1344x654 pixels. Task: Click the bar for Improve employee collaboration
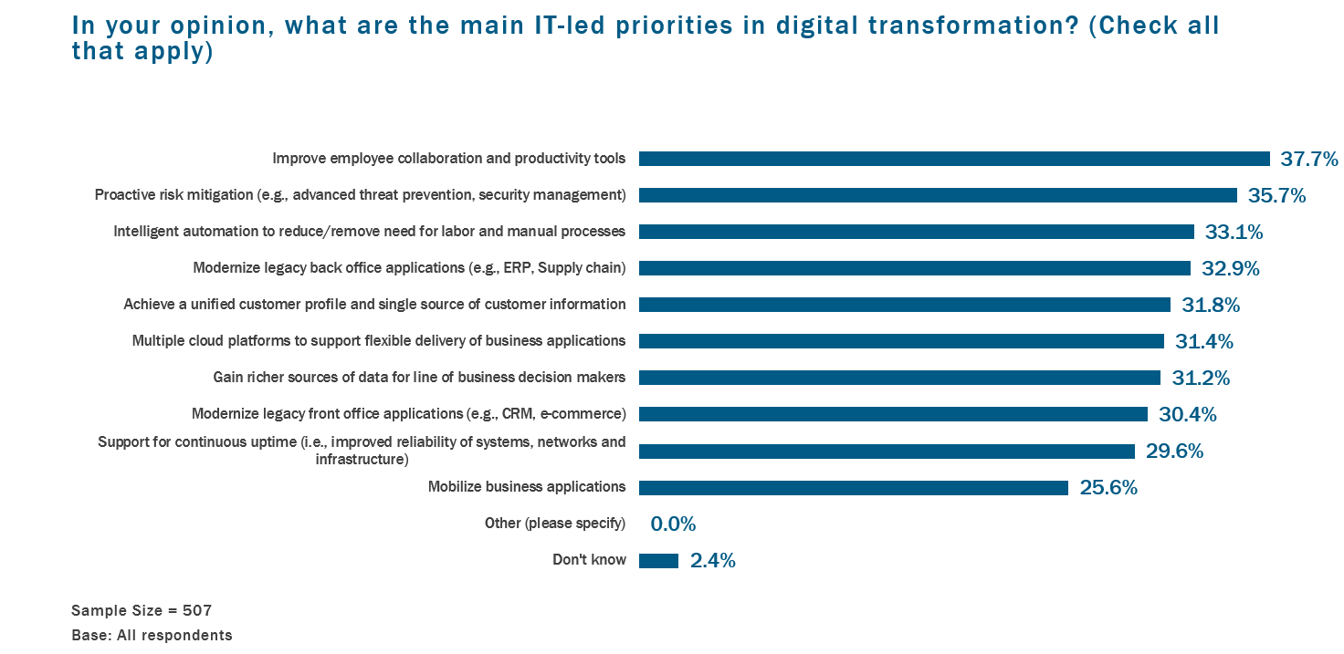pyautogui.click(x=954, y=159)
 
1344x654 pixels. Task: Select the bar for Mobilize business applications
pyautogui.click(x=853, y=488)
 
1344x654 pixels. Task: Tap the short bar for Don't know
pyautogui.click(x=658, y=561)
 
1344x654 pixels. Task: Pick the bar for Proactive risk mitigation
pyautogui.click(x=938, y=195)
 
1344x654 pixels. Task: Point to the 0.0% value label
pyautogui.click(x=673, y=524)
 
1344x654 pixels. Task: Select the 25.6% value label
pyautogui.click(x=1108, y=488)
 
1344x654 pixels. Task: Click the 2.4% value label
pyautogui.click(x=713, y=561)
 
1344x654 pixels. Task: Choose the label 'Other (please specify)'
pyautogui.click(x=555, y=524)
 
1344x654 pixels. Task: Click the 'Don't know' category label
pyautogui.click(x=589, y=560)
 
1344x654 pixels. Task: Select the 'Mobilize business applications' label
pyautogui.click(x=527, y=487)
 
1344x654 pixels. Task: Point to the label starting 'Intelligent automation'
pyautogui.click(x=369, y=232)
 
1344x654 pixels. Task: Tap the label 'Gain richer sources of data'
pyautogui.click(x=419, y=378)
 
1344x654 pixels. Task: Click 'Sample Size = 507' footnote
pyautogui.click(x=142, y=610)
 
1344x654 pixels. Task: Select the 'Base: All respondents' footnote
pyautogui.click(x=152, y=635)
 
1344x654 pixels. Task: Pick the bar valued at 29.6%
pyautogui.click(x=887, y=452)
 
